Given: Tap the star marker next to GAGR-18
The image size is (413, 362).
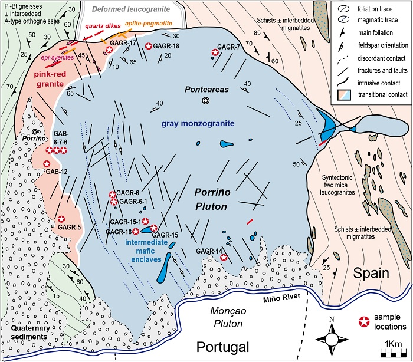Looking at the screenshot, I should pyautogui.click(x=149, y=46).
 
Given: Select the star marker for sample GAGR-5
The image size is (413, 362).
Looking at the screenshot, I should pyautogui.click(x=61, y=219).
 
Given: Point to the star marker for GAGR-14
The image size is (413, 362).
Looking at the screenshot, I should pyautogui.click(x=223, y=257).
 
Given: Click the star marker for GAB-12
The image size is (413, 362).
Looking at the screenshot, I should pyautogui.click(x=47, y=163).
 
